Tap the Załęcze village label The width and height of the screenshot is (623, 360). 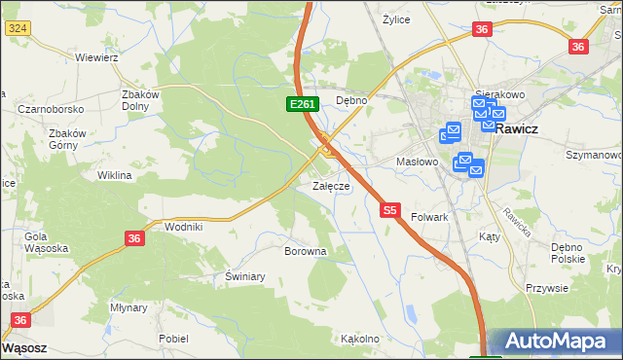[330, 186]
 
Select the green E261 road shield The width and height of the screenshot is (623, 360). [300, 104]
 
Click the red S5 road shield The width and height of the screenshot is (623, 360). [390, 209]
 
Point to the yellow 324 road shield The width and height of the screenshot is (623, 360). [17, 29]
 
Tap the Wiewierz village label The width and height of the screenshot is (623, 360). [96, 57]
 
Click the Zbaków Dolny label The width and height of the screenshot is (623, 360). [140, 100]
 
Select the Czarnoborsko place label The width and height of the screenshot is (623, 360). [50, 109]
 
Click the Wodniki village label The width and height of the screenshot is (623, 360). [184, 227]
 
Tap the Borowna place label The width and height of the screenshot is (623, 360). [305, 251]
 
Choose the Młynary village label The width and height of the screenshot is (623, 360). [128, 307]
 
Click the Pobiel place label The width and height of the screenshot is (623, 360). [173, 339]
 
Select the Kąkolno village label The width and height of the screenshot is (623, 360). [358, 340]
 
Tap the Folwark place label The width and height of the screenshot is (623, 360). [429, 217]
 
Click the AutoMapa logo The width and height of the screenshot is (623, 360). [558, 342]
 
